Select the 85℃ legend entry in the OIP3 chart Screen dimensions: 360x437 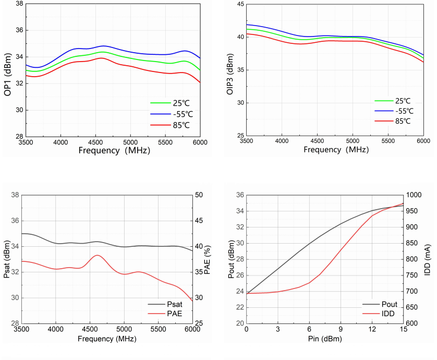tap(402, 121)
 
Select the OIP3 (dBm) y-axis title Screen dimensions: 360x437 tap(230, 74)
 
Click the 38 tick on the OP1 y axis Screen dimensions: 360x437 tap(17, 4)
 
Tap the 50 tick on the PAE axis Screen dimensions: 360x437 tap(199, 195)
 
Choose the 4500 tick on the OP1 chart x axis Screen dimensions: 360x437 tap(95, 142)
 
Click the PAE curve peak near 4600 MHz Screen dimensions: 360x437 tap(97, 255)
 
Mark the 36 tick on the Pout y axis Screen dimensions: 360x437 tap(240, 195)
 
